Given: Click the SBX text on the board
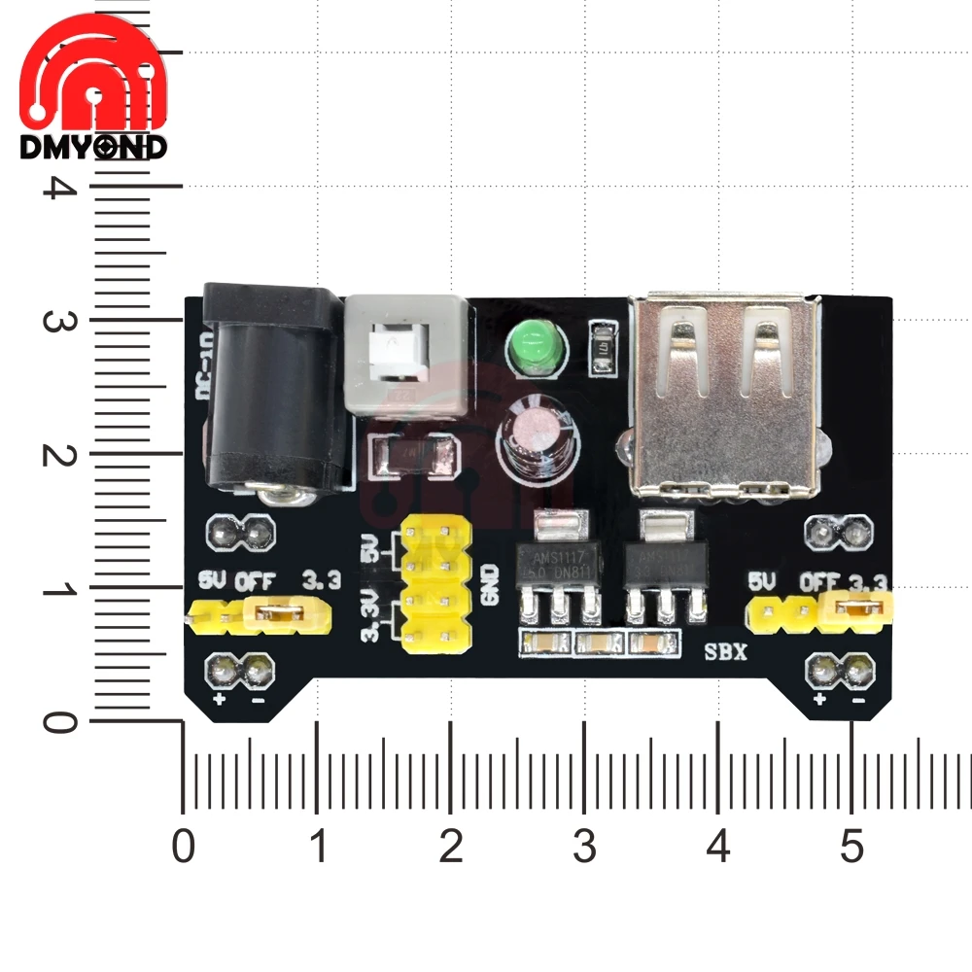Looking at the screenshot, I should pyautogui.click(x=726, y=652).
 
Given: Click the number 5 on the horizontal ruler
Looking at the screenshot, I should pyautogui.click(x=851, y=848).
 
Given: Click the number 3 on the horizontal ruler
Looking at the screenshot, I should pyautogui.click(x=584, y=848).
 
